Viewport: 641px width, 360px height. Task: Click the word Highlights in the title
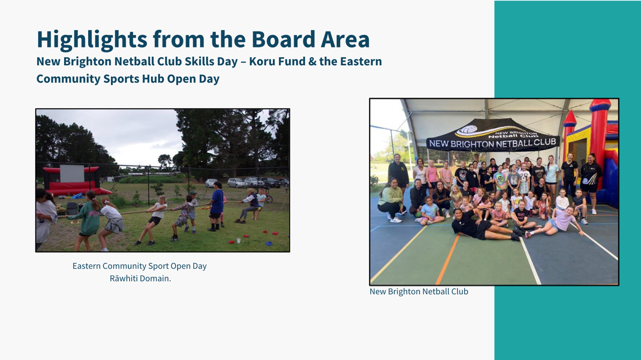tap(92, 40)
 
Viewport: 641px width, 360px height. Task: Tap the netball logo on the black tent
tap(467, 130)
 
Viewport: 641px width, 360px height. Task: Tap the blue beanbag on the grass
tap(269, 243)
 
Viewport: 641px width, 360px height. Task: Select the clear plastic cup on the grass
tap(238, 240)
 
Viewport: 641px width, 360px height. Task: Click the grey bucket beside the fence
tap(72, 209)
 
